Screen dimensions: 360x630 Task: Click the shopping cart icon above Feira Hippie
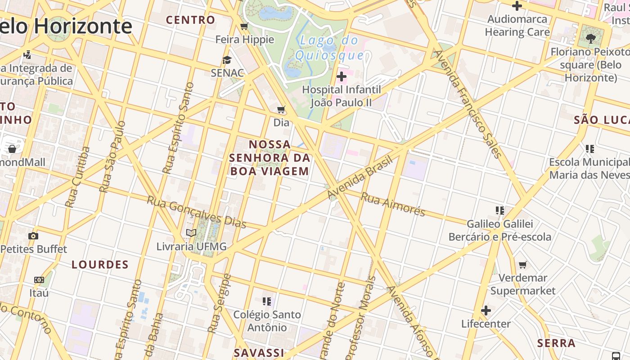coord(244,26)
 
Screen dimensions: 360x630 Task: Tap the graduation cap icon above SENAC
coord(227,60)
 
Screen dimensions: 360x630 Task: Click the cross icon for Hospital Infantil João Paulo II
coord(342,76)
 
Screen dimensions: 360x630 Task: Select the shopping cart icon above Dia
coord(281,109)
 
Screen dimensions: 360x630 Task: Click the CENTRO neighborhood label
coord(190,20)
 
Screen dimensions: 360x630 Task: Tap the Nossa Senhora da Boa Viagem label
coord(270,157)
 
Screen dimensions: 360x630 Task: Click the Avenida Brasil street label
coord(360,178)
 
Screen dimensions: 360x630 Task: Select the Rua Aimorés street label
coord(393,204)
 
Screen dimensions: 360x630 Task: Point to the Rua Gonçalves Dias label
coord(197,211)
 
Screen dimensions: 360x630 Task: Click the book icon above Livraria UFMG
coord(191,233)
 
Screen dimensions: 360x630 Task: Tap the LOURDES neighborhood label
coord(100,265)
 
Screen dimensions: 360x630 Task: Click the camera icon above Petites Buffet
coord(33,236)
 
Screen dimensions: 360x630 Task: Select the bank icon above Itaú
coord(39,280)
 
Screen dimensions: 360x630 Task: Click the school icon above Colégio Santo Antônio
coord(267,301)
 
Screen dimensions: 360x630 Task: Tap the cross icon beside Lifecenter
coord(486,310)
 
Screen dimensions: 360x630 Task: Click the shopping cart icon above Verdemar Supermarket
coord(522,265)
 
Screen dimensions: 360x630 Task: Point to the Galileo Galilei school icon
coord(499,210)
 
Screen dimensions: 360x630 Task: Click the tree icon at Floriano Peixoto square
coord(590,38)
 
